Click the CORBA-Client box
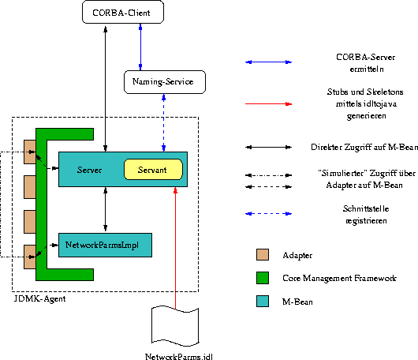tap(121, 12)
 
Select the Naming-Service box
tap(164, 81)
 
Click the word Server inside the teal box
tap(91, 170)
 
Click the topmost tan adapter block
tap(30, 152)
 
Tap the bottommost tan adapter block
tap(30, 255)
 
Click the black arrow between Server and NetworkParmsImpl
tap(105, 210)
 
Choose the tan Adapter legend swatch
tap(263, 255)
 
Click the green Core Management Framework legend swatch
tap(263, 278)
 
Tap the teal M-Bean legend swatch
tap(263, 301)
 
